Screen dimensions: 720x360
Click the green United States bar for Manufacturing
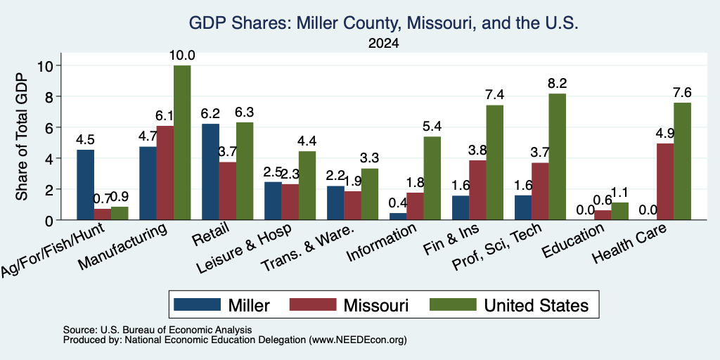pos(182,142)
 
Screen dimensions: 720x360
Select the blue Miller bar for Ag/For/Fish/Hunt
pos(85,185)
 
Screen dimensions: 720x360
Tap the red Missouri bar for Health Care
pos(665,182)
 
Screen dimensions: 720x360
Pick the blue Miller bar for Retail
pos(210,172)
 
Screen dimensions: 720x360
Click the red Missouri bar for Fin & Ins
pos(477,190)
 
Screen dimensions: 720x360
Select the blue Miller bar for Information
pos(398,217)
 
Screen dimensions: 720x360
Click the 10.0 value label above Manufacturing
pos(182,56)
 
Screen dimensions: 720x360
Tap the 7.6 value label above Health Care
pos(682,93)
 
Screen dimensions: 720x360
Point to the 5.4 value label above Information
pos(432,127)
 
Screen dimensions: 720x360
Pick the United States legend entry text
pos(536,305)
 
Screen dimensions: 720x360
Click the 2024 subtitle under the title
pos(383,44)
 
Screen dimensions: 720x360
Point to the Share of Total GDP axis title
pos(22,136)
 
